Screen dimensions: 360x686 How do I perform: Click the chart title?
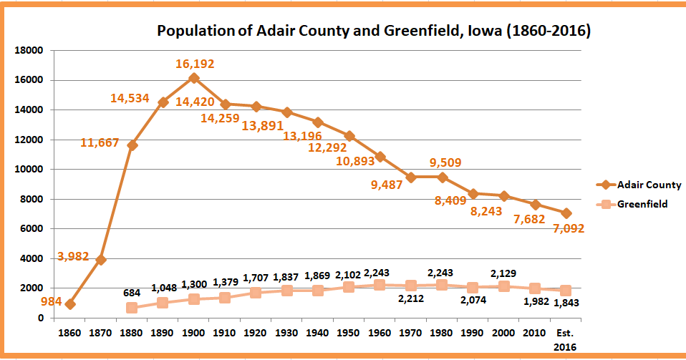373,31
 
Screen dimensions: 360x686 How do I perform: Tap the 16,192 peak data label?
195,64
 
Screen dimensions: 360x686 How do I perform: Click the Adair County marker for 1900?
194,78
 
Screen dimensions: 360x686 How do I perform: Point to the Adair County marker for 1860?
70,304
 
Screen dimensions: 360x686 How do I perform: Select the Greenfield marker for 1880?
132,308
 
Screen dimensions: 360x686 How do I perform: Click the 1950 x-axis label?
349,333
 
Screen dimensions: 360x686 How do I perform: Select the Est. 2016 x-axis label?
566,339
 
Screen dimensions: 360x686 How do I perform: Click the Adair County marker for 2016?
566,213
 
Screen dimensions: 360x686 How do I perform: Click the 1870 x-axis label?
101,333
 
